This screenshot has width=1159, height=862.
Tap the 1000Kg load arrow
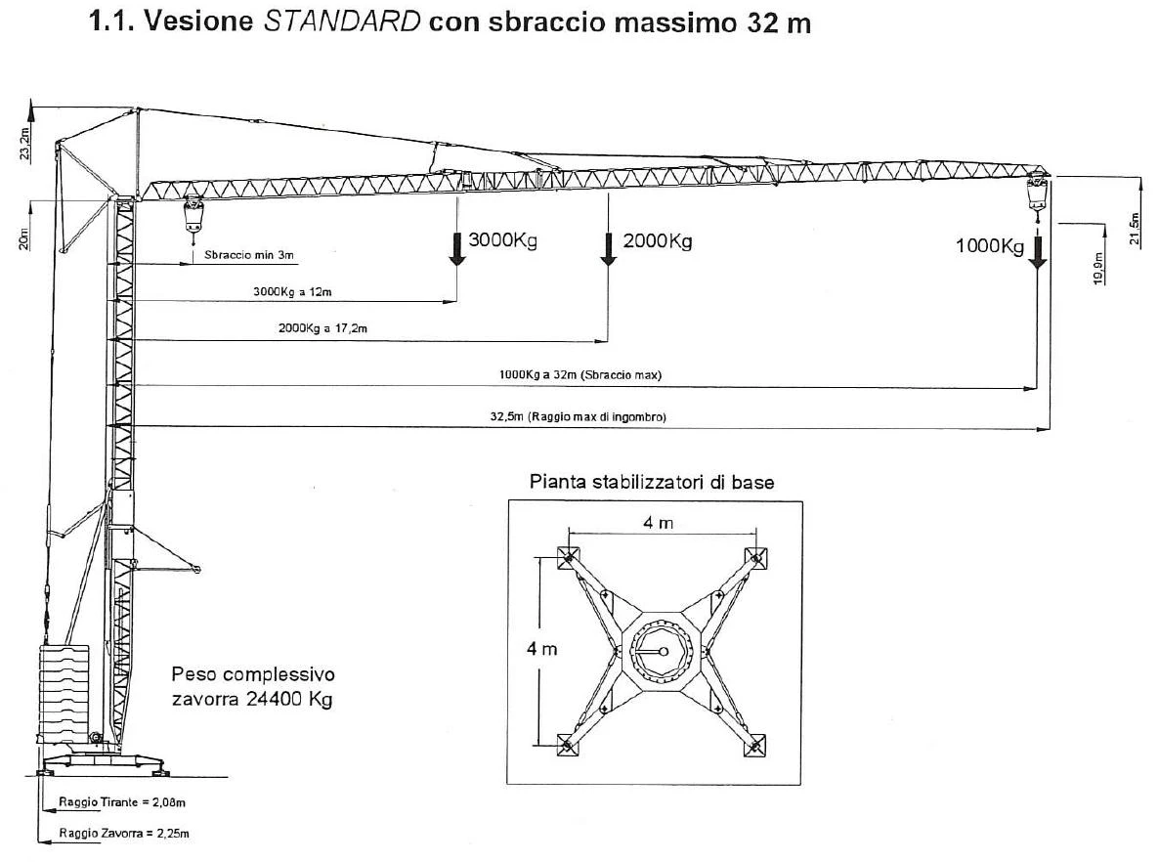coord(1037,252)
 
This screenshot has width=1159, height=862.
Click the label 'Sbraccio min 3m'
coord(249,255)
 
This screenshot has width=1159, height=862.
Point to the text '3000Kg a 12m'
coord(292,291)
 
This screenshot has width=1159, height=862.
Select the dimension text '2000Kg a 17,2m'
coord(322,327)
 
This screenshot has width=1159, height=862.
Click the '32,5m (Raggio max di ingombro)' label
coord(578,417)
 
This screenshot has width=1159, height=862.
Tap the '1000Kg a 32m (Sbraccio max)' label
coord(580,375)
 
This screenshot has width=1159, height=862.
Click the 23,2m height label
coord(25,144)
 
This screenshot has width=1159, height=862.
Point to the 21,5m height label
coord(1135,229)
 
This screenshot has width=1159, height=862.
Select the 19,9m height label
coord(1098,268)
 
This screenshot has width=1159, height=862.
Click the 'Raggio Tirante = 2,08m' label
coord(122,802)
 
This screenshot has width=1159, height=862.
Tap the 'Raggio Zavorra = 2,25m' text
coord(124,833)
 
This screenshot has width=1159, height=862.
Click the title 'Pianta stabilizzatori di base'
coord(652,482)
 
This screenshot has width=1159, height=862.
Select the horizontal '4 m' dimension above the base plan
coord(658,524)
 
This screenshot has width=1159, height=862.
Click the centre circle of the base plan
coord(663,651)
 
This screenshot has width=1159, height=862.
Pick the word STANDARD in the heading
coord(342,22)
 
